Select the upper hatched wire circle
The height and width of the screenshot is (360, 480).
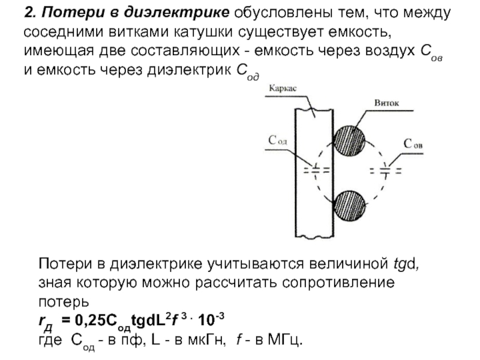point(352,140)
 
